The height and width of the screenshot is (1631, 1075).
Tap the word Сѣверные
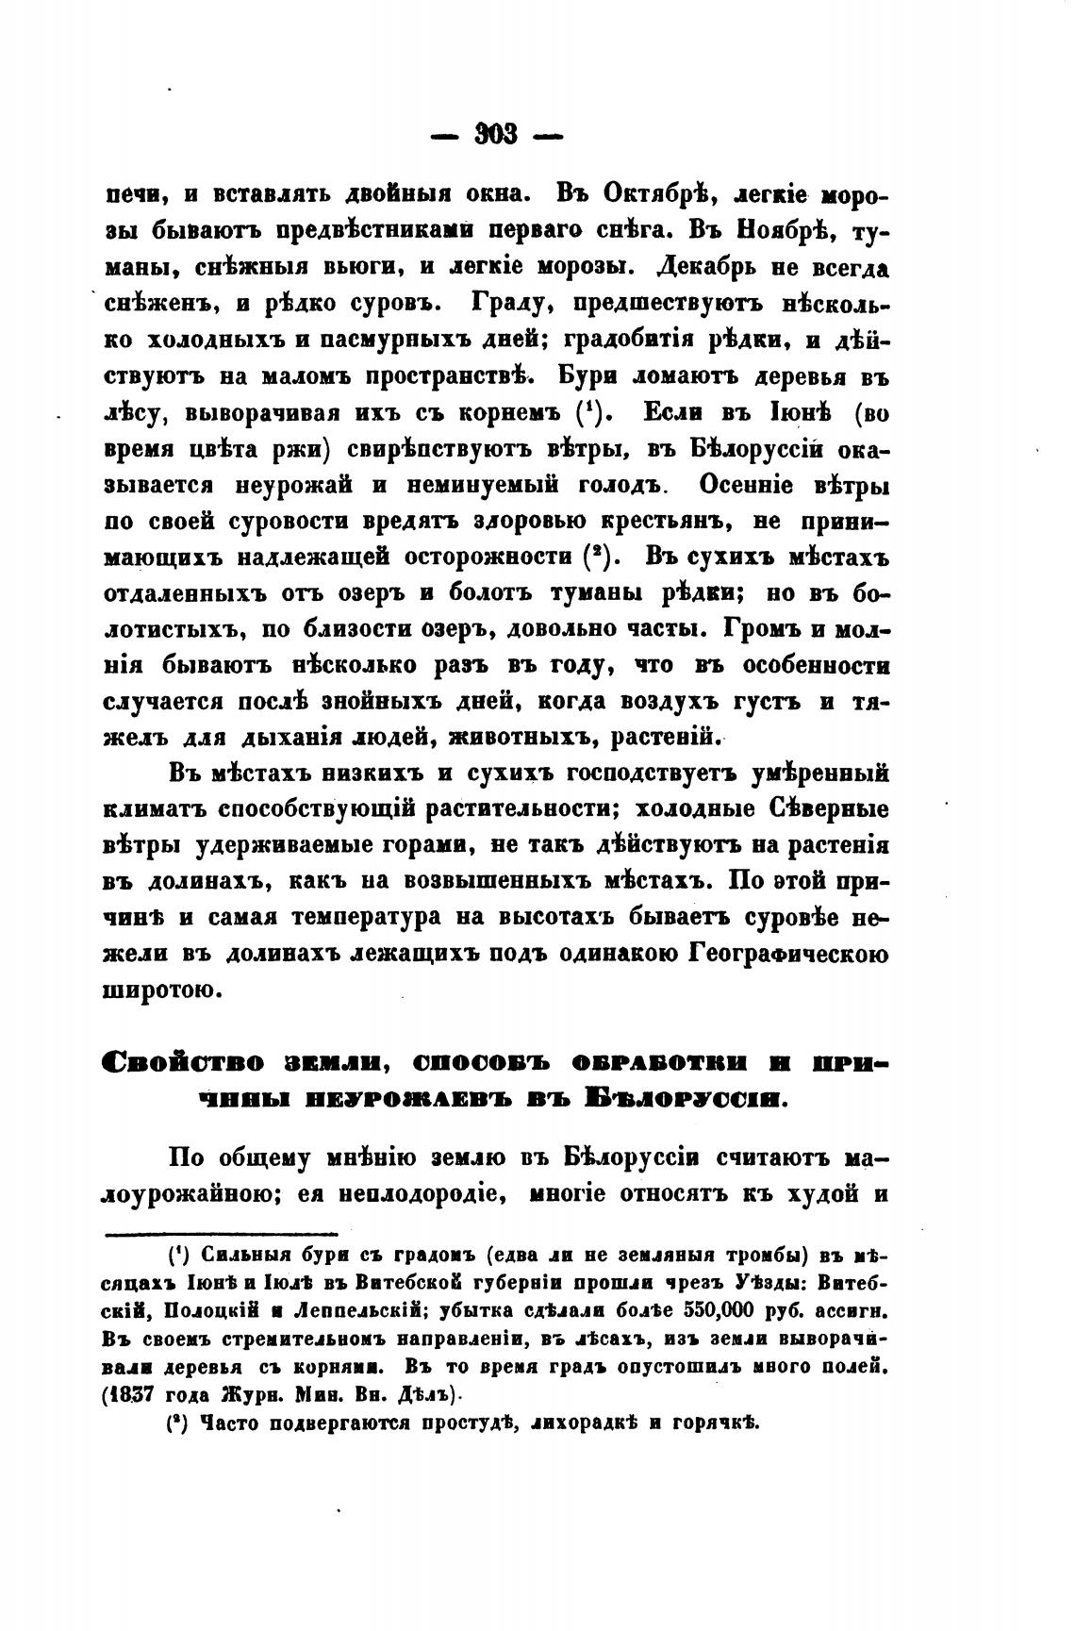point(818,808)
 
